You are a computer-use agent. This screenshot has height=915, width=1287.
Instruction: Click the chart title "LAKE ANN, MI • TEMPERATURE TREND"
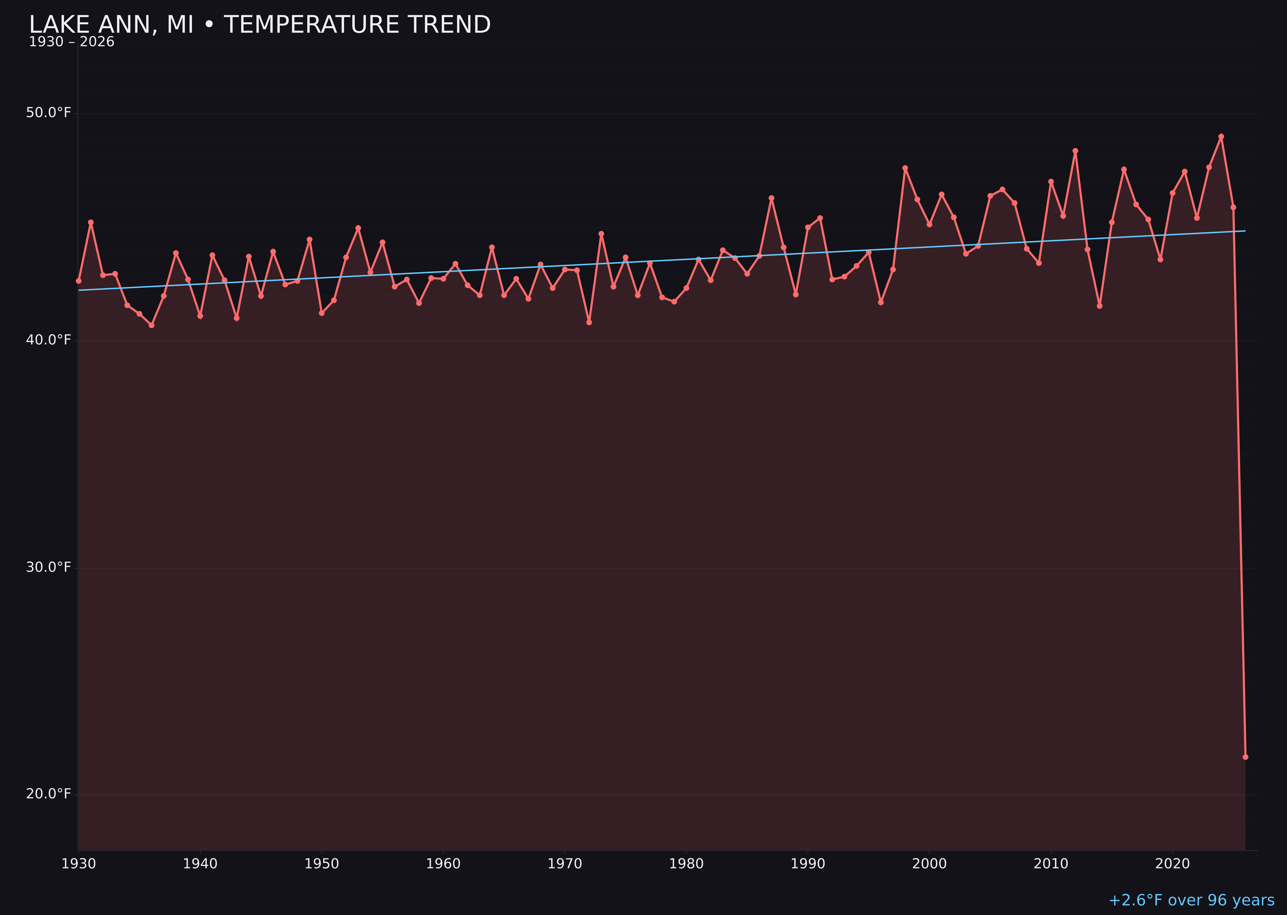click(x=260, y=25)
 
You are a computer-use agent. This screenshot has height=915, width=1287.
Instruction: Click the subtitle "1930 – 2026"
click(x=71, y=42)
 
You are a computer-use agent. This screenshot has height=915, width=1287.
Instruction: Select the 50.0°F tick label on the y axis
click(x=49, y=113)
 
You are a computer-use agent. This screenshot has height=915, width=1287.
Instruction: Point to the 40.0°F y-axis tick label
click(x=49, y=340)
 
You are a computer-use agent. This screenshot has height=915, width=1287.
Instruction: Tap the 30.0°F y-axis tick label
click(x=49, y=567)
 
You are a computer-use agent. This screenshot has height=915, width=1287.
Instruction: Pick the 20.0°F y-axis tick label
click(x=49, y=794)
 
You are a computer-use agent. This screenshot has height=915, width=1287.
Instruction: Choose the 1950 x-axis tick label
click(x=322, y=864)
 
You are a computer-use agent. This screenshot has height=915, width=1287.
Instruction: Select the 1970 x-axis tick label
click(x=565, y=864)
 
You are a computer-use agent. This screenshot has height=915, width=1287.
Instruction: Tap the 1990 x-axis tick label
click(x=808, y=864)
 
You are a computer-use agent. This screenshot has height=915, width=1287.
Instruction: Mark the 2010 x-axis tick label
click(x=1051, y=864)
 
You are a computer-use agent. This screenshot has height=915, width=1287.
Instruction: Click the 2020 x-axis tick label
click(x=1172, y=864)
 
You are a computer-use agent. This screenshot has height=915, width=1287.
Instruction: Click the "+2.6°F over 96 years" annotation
click(x=1191, y=900)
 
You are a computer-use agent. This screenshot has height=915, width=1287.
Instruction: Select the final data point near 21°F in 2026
click(x=1245, y=757)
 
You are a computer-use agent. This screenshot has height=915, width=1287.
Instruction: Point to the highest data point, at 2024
click(x=1221, y=136)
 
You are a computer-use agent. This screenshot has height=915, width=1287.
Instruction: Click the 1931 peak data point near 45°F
click(x=91, y=222)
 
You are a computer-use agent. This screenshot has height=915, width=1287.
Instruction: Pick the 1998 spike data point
click(x=905, y=168)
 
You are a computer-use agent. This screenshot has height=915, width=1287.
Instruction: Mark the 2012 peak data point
click(x=1075, y=151)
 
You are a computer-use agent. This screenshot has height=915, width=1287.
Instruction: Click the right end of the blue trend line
click(x=1245, y=231)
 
